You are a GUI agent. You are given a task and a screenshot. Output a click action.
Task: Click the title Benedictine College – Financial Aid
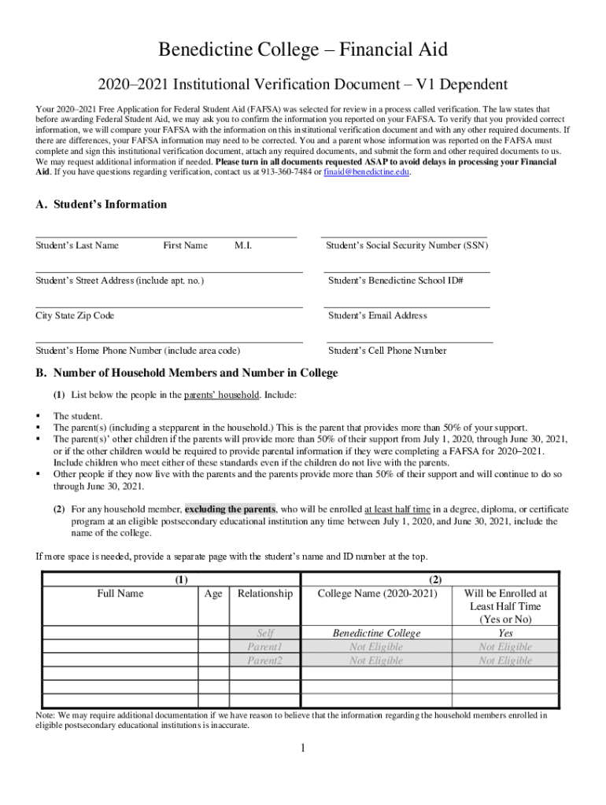click(303, 50)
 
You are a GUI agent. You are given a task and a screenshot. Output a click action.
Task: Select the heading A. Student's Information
click(102, 204)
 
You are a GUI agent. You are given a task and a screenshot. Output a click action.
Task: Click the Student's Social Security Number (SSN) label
click(407, 245)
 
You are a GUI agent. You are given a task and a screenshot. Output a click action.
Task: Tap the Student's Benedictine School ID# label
click(395, 280)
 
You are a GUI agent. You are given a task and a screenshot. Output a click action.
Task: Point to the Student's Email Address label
click(377, 315)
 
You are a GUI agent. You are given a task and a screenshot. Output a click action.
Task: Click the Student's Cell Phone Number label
click(386, 351)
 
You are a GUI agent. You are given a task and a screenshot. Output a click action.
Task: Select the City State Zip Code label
click(75, 315)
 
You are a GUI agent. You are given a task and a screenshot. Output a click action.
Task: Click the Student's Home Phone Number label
click(138, 351)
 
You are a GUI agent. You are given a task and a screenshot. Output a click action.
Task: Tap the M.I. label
click(243, 245)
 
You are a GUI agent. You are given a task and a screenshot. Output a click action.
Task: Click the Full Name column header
click(120, 594)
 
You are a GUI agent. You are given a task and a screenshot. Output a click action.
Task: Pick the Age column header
click(212, 594)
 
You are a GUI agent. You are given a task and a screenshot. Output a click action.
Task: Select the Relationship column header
click(264, 594)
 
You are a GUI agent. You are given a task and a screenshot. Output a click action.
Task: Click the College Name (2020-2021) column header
click(376, 594)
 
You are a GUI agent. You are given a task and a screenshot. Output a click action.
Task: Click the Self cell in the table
click(264, 633)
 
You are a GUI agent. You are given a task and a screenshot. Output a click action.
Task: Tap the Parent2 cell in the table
click(264, 660)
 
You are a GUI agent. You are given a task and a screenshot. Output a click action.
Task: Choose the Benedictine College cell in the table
click(376, 633)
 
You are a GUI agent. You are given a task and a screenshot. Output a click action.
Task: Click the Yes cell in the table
click(505, 633)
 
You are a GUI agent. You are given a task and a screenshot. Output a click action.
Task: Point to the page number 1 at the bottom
click(302, 747)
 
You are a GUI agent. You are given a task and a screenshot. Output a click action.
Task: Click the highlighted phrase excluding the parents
click(230, 509)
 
